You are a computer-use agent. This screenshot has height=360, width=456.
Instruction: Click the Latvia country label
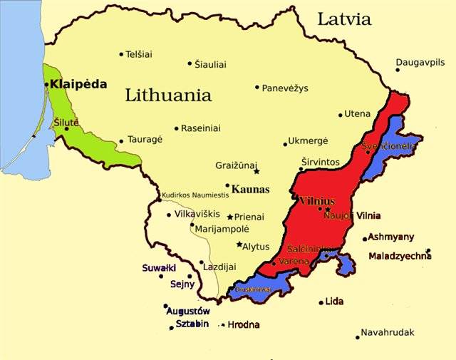coord(344,19)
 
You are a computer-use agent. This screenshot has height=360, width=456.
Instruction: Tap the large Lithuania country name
coord(168,95)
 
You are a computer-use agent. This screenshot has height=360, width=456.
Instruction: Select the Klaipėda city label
coord(79,84)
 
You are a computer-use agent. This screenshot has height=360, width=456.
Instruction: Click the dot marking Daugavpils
coord(398,70)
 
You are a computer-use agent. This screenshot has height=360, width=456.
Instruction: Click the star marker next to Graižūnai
coord(256,171)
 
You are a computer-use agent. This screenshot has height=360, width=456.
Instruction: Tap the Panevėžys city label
coord(285,88)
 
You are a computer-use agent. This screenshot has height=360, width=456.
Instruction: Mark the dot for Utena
coord(341,115)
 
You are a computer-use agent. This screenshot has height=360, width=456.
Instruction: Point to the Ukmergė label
coord(309,141)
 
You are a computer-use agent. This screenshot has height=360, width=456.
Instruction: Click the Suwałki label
coord(159,268)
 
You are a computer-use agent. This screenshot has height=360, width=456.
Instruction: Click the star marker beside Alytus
coord(239,245)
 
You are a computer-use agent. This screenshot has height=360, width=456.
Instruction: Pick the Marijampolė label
coord(223,229)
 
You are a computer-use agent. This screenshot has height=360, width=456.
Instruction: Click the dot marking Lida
coord(321,302)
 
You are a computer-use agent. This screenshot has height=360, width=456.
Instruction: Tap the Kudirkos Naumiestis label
coord(199,195)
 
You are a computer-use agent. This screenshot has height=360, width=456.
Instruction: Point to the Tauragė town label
coord(145,140)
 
